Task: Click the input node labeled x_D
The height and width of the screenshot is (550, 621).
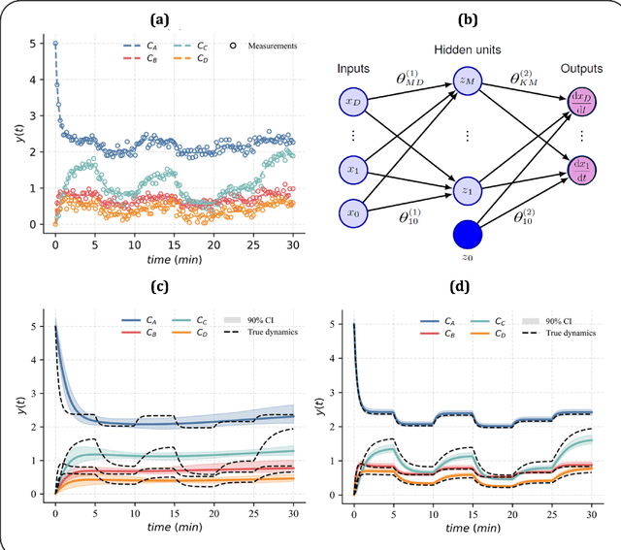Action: click(351, 101)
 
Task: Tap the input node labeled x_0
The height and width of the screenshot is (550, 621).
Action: click(351, 211)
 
